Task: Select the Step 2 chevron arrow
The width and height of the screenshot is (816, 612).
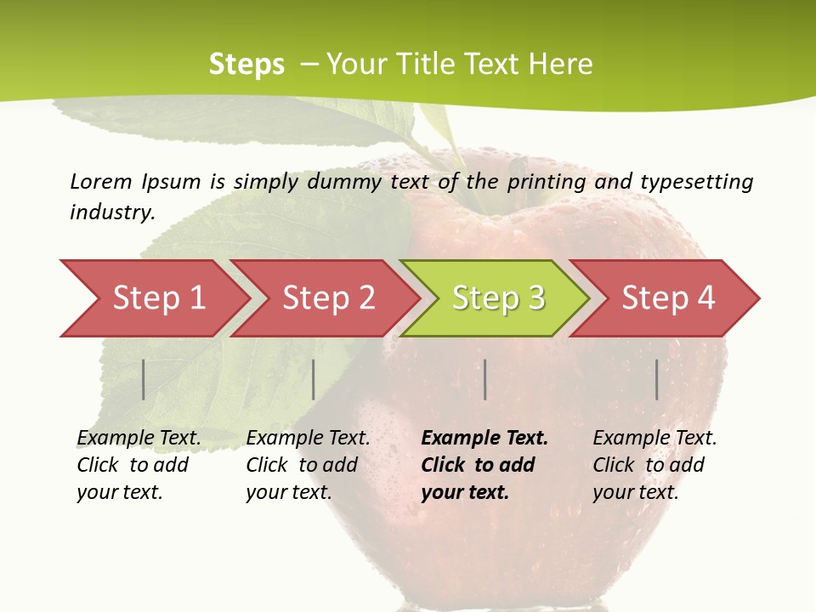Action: click(x=328, y=298)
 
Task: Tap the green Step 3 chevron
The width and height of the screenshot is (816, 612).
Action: click(x=498, y=298)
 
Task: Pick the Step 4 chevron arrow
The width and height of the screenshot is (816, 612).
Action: click(x=668, y=298)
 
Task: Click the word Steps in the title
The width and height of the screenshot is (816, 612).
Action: click(x=246, y=65)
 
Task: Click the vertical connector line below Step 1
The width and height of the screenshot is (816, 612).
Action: click(x=144, y=379)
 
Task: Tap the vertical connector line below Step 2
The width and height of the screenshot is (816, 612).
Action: click(x=314, y=379)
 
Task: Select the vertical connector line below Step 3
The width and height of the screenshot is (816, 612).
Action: click(x=484, y=379)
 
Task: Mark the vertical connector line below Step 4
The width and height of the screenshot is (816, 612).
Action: click(x=657, y=379)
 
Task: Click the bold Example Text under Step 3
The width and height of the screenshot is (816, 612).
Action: click(x=484, y=439)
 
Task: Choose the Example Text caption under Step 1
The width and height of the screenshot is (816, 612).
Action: click(x=139, y=439)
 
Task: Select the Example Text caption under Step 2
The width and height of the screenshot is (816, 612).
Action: click(x=309, y=439)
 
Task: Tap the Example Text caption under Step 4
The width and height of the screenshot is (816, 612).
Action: click(x=655, y=439)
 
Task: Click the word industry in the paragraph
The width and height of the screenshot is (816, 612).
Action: click(x=112, y=212)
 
